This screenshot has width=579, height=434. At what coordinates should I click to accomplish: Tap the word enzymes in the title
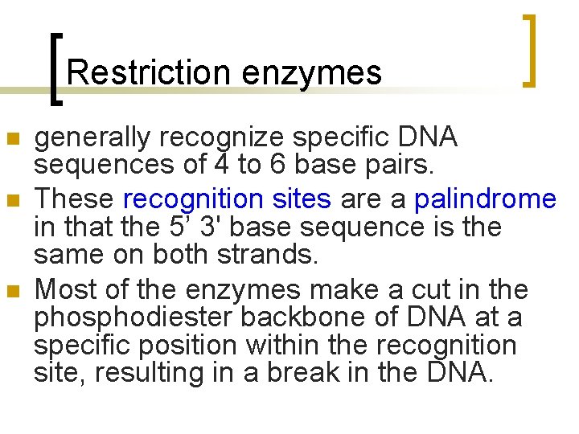[312, 73]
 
